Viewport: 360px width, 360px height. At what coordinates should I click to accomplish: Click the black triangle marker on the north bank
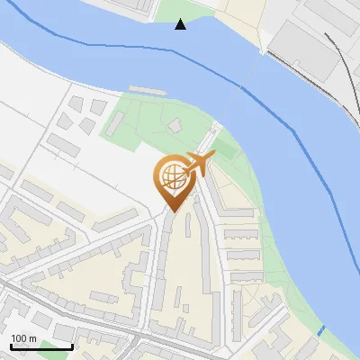point(181,24)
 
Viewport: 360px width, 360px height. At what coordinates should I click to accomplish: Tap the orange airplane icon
point(199,164)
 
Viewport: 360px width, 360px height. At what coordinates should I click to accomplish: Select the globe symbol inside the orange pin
point(174,176)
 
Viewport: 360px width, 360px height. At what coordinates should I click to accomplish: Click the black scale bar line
point(40,347)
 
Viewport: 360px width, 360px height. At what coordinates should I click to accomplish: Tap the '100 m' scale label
point(23,339)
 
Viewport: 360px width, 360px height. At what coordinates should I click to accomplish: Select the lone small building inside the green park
point(175,126)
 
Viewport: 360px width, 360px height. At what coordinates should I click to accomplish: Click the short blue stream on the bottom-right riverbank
point(321,329)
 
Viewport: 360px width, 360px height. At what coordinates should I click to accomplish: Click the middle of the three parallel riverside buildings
point(240,256)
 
